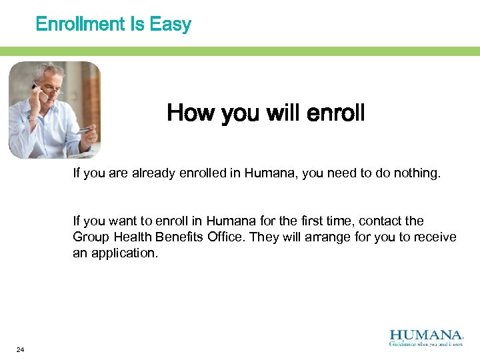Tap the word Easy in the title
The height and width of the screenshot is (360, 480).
point(171,25)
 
